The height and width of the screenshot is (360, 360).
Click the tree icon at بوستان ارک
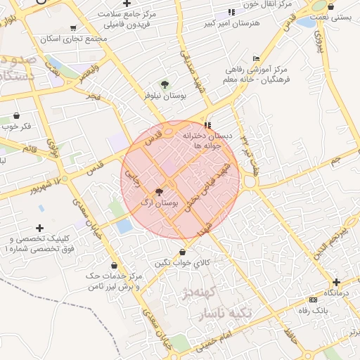point(158,191)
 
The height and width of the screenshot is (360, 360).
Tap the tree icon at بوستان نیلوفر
point(165,84)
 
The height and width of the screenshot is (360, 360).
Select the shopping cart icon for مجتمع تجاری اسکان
point(73,29)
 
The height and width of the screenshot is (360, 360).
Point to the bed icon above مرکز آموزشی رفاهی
point(256,58)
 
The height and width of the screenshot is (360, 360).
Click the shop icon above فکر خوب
point(17,115)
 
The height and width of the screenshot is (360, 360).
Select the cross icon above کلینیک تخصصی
point(39,228)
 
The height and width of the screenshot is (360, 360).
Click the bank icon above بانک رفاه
point(312,300)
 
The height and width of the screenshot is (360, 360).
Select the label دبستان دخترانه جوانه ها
point(207,140)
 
